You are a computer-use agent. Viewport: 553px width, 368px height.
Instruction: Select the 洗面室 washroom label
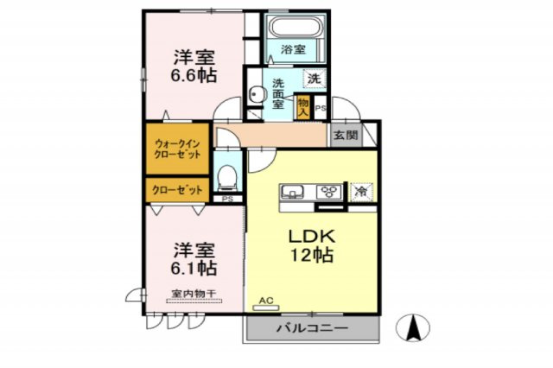(278, 93)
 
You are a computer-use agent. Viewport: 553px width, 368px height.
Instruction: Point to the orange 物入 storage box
(303, 105)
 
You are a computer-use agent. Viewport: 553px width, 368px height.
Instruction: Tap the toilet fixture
(227, 177)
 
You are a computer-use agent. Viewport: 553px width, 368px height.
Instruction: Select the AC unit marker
(265, 301)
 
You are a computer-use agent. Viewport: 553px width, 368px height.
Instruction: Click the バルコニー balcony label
(312, 329)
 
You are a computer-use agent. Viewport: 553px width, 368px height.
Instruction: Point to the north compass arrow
(414, 328)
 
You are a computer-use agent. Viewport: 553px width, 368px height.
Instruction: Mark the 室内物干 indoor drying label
(193, 294)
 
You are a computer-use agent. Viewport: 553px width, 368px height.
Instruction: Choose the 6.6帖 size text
(194, 75)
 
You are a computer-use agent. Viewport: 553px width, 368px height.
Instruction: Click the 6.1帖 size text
(193, 267)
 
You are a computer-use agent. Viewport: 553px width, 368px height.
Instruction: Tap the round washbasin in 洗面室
(256, 95)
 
